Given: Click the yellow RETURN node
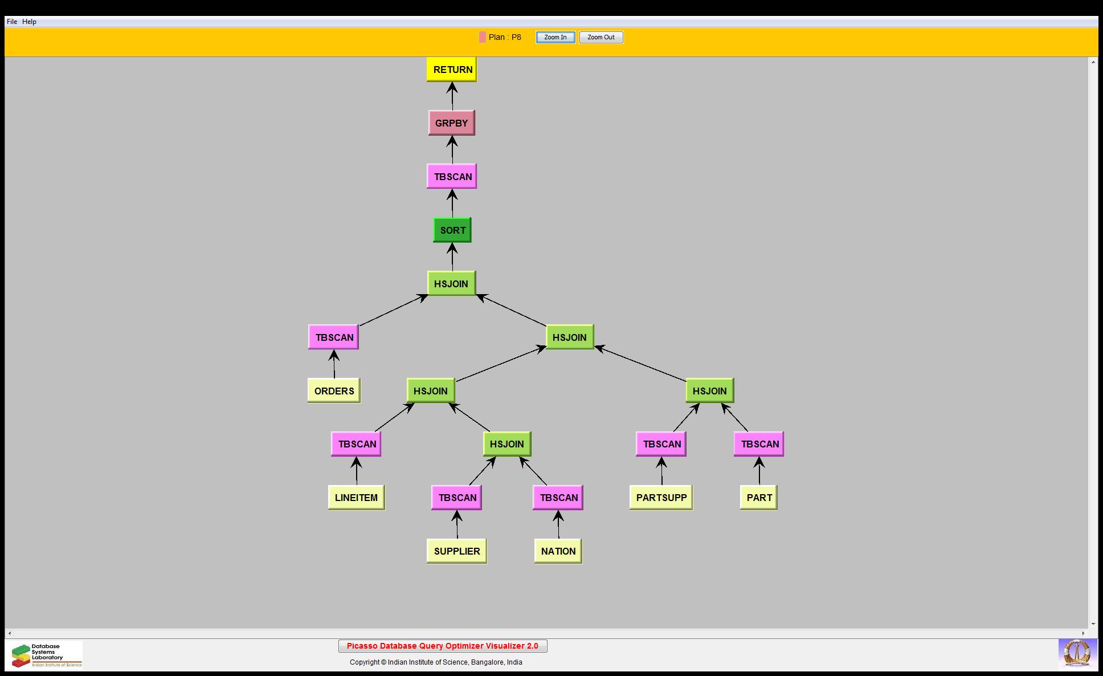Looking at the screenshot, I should click(x=452, y=70).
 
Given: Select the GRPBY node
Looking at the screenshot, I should click(x=451, y=123).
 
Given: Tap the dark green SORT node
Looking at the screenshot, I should click(x=452, y=230).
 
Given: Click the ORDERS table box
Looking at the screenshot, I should click(x=334, y=391).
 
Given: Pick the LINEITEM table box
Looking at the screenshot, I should click(x=356, y=498).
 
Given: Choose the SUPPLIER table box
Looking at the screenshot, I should click(x=456, y=551).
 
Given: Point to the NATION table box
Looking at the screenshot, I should click(x=558, y=551).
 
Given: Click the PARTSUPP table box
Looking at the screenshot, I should click(x=661, y=498).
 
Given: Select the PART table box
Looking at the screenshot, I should click(x=759, y=498).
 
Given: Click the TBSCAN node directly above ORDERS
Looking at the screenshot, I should click(x=334, y=337).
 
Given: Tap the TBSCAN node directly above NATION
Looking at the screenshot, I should click(x=558, y=498).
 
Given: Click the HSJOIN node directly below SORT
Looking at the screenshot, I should click(x=451, y=284).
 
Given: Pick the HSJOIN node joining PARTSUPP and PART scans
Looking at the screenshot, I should click(x=709, y=391).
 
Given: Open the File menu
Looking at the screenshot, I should click(x=12, y=22).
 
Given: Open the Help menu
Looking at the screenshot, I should click(x=29, y=22).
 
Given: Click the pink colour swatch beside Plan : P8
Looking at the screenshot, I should click(x=483, y=38).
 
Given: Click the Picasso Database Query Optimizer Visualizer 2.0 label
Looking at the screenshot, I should click(x=443, y=646).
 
